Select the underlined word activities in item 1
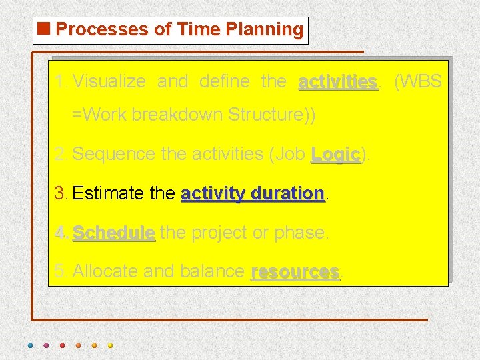pos(338,82)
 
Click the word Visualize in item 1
pos(109,82)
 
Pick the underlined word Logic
pos(335,155)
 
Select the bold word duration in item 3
pos(290,194)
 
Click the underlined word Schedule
pos(113,233)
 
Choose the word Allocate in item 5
pos(105,272)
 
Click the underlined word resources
pos(295,272)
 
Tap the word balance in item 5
pos(213,272)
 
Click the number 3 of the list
pos(60,194)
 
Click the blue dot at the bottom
pos(30,346)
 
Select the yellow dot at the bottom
pos(111,346)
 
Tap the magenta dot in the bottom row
pos(46,346)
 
